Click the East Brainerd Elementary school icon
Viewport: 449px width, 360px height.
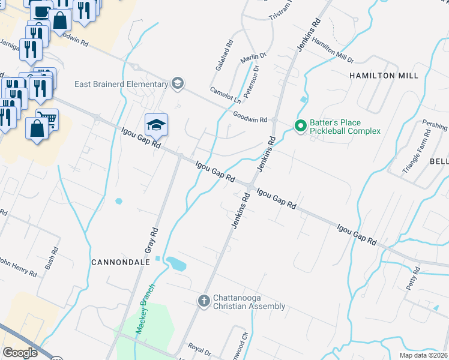pyautogui.click(x=176, y=83)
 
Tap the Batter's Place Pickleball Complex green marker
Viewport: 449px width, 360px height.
pyautogui.click(x=300, y=126)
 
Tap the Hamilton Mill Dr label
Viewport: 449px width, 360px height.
pyautogui.click(x=333, y=52)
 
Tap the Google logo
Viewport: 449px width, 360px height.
pyautogui.click(x=20, y=353)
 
